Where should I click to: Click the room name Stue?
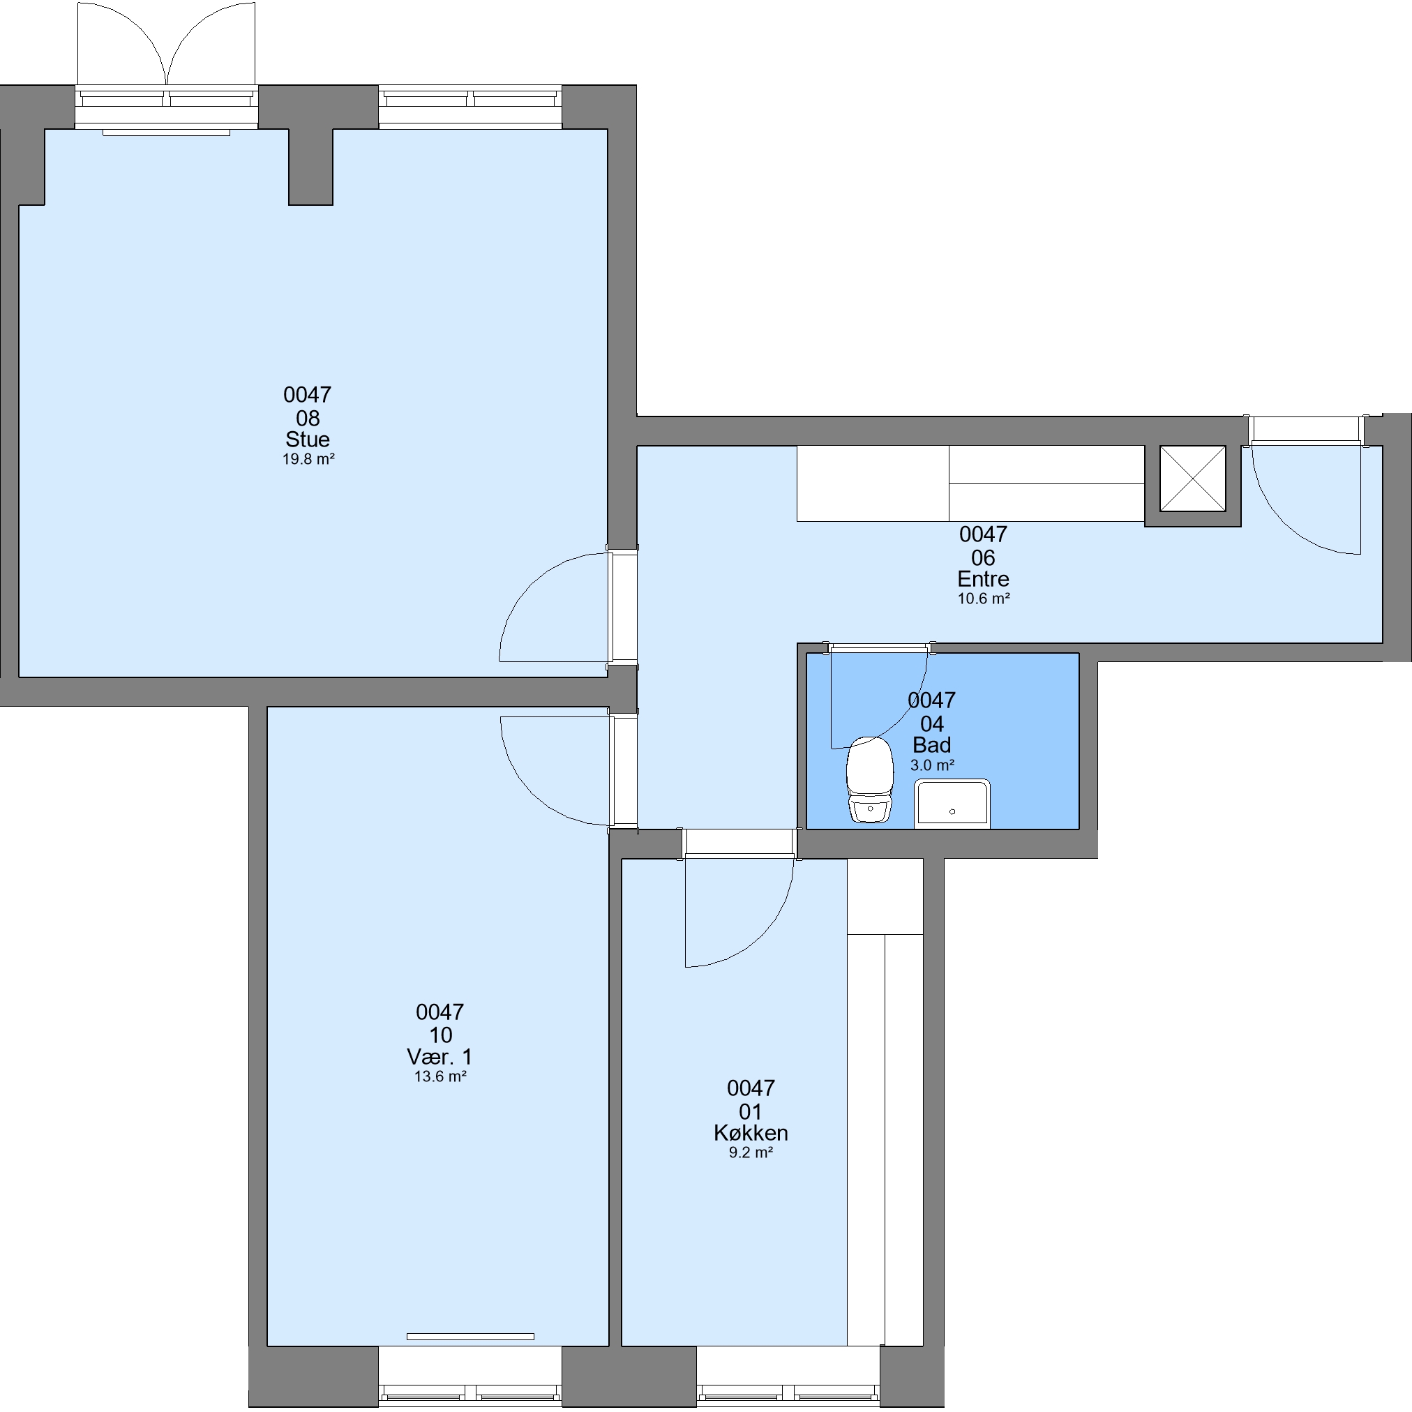pyautogui.click(x=307, y=440)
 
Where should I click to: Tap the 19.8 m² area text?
pyautogui.click(x=308, y=460)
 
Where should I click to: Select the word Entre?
pyautogui.click(x=983, y=579)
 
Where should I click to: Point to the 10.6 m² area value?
pyautogui.click(x=984, y=599)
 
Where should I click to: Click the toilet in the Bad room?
pyautogui.click(x=870, y=779)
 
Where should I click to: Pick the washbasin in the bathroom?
pyautogui.click(x=952, y=804)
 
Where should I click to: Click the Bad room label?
pyautogui.click(x=932, y=745)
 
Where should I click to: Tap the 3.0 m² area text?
pyautogui.click(x=932, y=765)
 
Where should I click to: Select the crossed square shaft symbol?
pyautogui.click(x=1193, y=479)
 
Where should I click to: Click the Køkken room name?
pyautogui.click(x=751, y=1133)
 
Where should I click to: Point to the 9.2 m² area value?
pyautogui.click(x=751, y=1152)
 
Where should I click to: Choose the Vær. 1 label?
pyautogui.click(x=440, y=1056)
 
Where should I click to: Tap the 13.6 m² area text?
pyautogui.click(x=440, y=1076)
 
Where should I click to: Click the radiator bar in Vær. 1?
pyautogui.click(x=470, y=1337)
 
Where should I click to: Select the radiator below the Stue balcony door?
pyautogui.click(x=166, y=133)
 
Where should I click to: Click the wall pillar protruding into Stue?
pyautogui.click(x=310, y=167)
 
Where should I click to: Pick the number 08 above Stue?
pyautogui.click(x=308, y=418)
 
